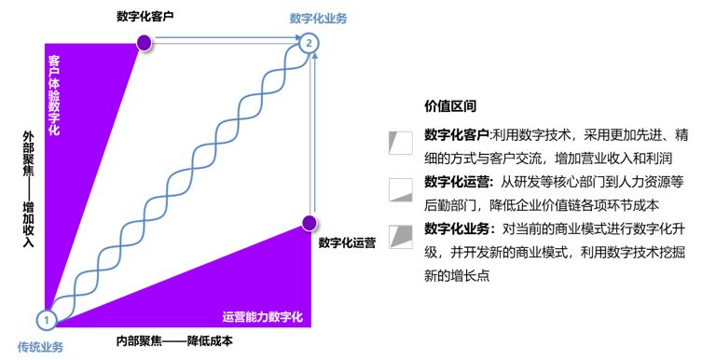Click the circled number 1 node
click(x=50, y=319)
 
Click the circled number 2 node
click(x=310, y=42)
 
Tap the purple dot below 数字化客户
click(x=144, y=41)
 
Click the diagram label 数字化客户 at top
click(x=145, y=16)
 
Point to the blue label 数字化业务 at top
click(x=318, y=18)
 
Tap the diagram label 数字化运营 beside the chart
click(x=347, y=243)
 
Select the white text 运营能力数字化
click(x=262, y=316)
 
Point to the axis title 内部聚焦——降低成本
click(x=174, y=341)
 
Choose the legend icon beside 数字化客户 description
click(x=400, y=142)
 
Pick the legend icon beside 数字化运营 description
click(x=400, y=189)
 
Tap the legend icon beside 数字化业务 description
click(x=400, y=235)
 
